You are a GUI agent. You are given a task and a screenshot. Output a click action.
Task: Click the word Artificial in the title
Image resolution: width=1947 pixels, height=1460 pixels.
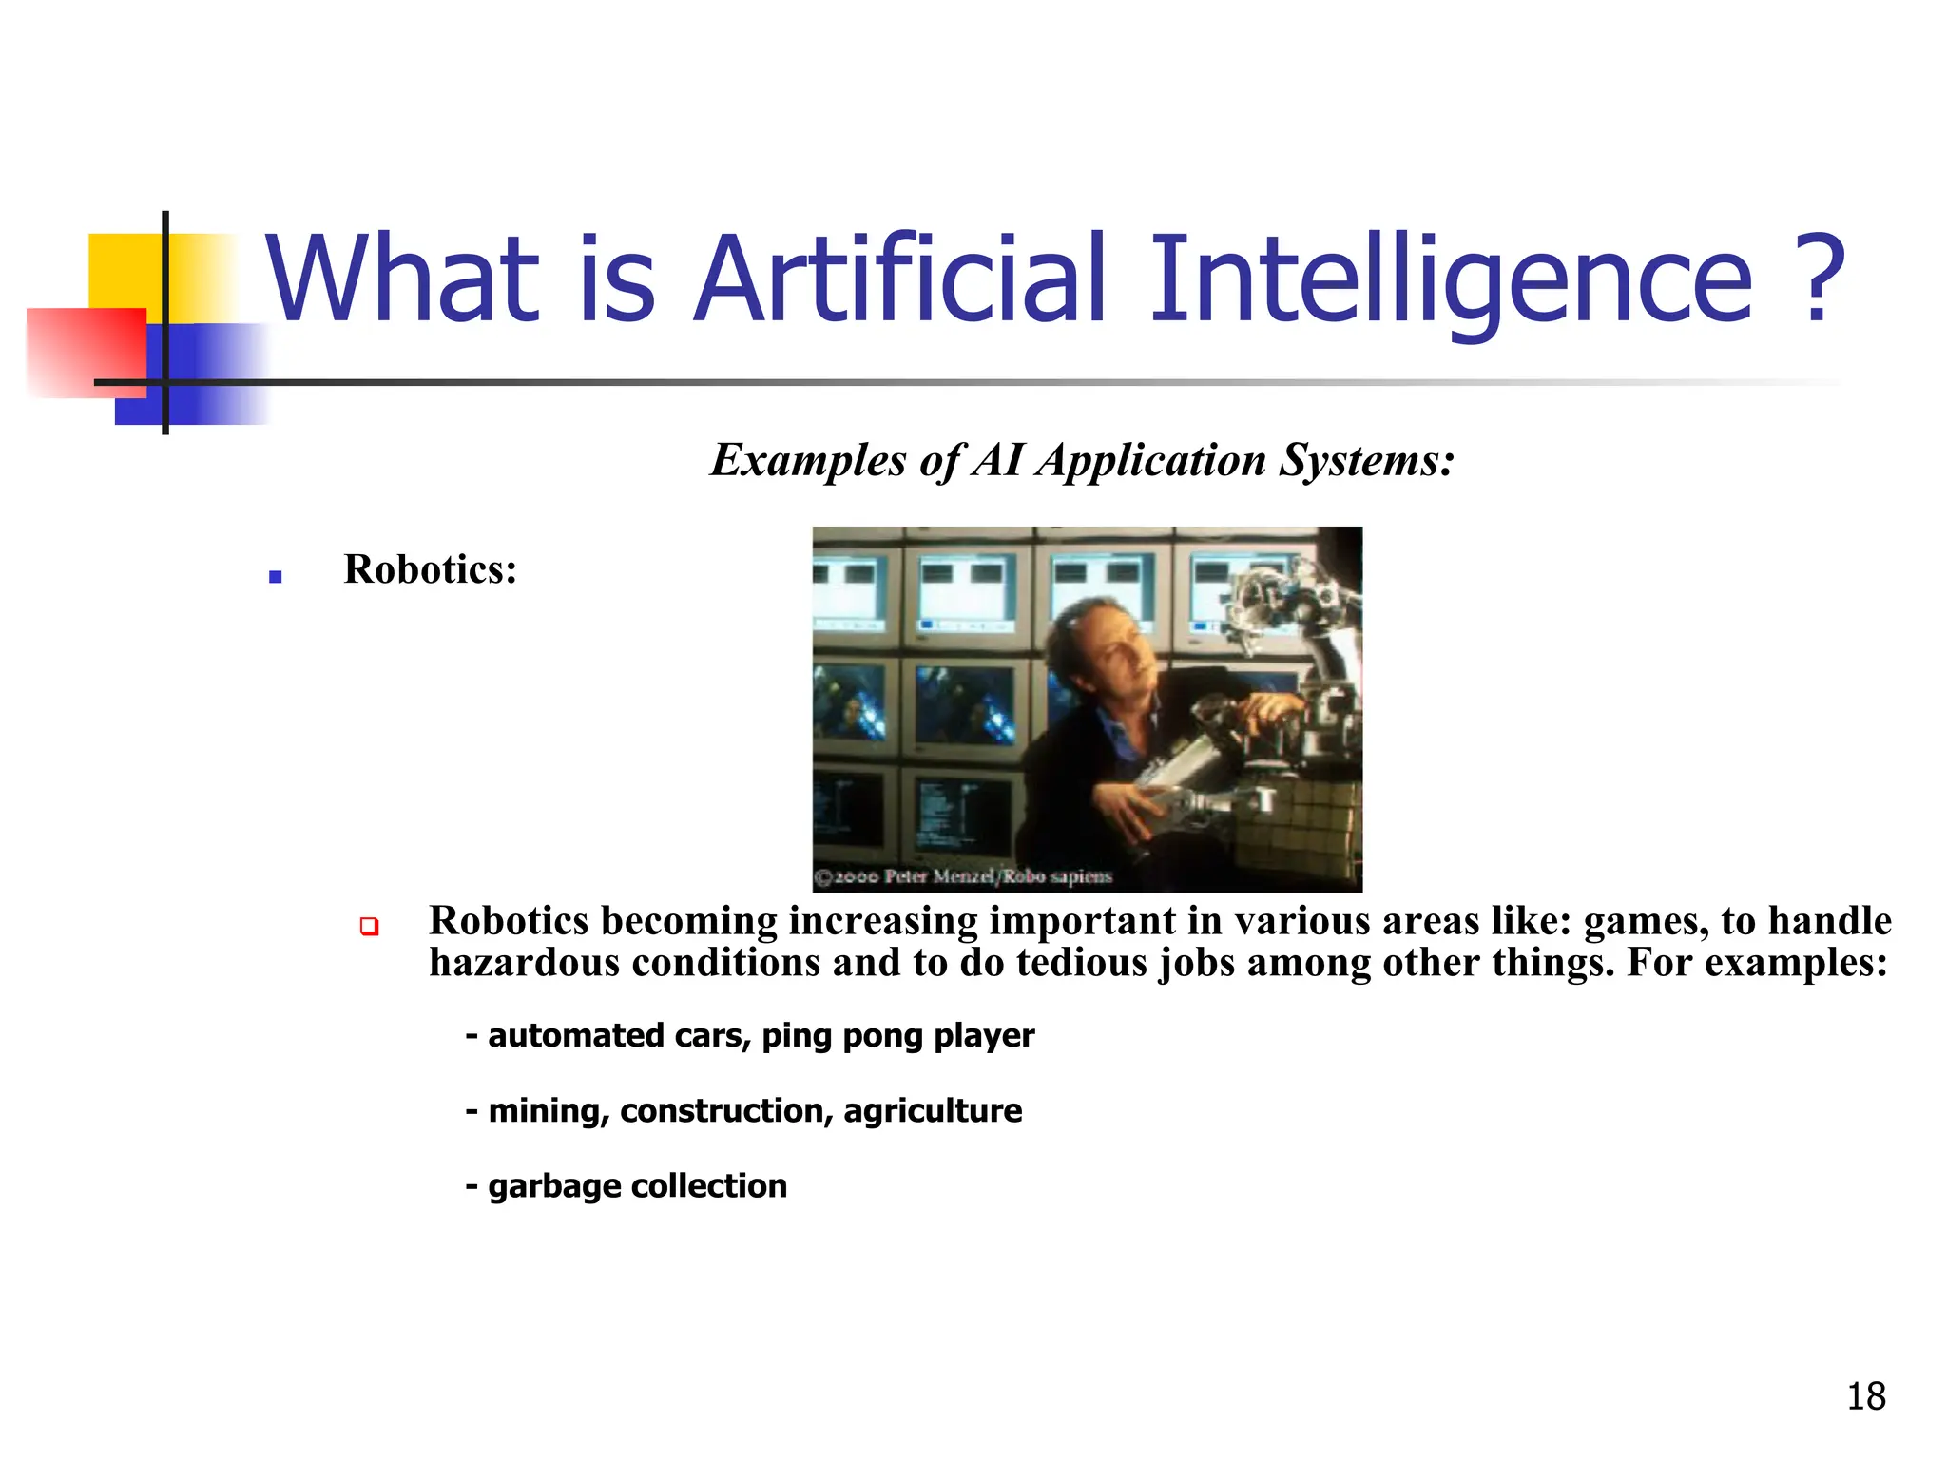click(x=899, y=280)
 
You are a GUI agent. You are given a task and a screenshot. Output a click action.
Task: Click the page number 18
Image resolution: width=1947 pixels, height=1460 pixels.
click(x=1865, y=1396)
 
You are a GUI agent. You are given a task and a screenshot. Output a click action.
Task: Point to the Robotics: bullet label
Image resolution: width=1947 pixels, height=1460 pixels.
click(x=430, y=569)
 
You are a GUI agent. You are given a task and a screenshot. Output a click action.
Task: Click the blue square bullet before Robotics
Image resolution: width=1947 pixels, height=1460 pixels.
click(x=276, y=576)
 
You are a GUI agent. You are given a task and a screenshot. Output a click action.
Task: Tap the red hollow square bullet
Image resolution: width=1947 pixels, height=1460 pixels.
click(x=370, y=926)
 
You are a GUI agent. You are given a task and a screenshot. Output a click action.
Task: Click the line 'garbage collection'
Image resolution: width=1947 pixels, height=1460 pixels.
click(x=637, y=1186)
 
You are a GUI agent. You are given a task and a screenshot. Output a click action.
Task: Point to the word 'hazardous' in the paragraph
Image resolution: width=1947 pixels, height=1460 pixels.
click(x=525, y=963)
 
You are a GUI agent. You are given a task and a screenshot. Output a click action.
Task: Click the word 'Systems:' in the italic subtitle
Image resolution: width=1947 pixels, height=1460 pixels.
click(x=1366, y=461)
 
